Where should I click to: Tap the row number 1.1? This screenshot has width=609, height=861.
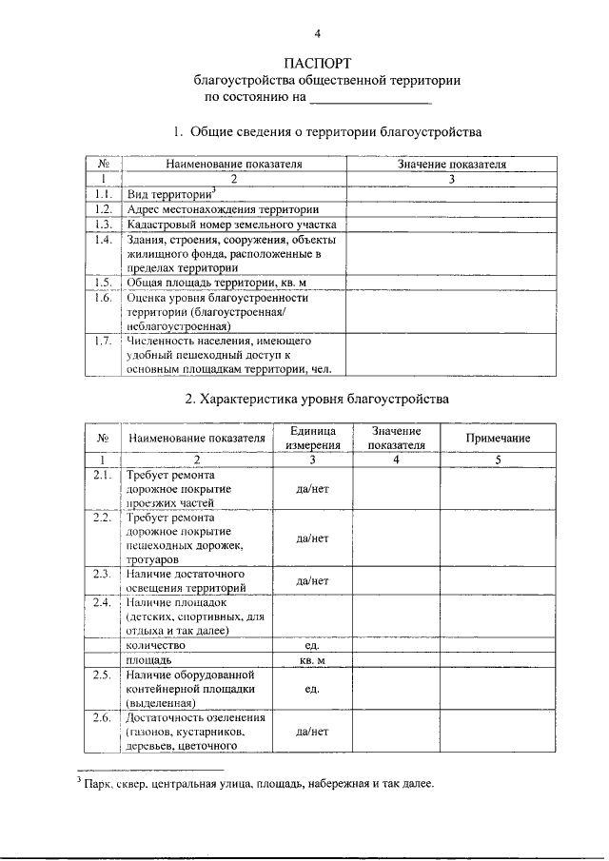click(104, 193)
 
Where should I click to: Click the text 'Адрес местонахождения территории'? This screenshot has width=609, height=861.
click(222, 208)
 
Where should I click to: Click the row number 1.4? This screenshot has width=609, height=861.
click(104, 239)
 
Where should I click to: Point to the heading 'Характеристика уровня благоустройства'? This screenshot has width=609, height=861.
click(318, 398)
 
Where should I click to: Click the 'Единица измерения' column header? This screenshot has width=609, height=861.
click(312, 438)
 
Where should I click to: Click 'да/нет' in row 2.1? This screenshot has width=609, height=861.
click(312, 488)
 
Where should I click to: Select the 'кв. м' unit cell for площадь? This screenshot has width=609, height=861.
click(312, 659)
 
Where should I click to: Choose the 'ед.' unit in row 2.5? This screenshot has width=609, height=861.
click(312, 688)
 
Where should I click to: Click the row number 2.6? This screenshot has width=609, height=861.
click(103, 717)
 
